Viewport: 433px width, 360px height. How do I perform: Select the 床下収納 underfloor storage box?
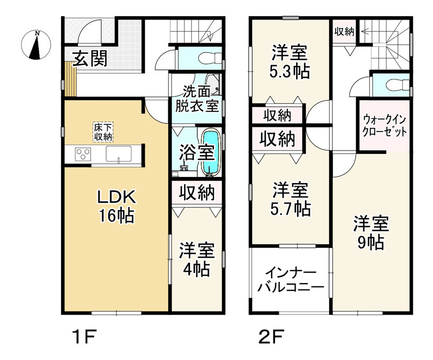102,133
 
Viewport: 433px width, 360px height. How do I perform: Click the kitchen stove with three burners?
83,154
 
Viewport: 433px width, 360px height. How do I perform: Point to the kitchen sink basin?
117,154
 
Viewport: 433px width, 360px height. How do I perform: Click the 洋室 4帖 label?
197,260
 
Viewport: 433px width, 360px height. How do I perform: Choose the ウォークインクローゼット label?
384,125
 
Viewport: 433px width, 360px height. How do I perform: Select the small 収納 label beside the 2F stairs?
344,31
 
